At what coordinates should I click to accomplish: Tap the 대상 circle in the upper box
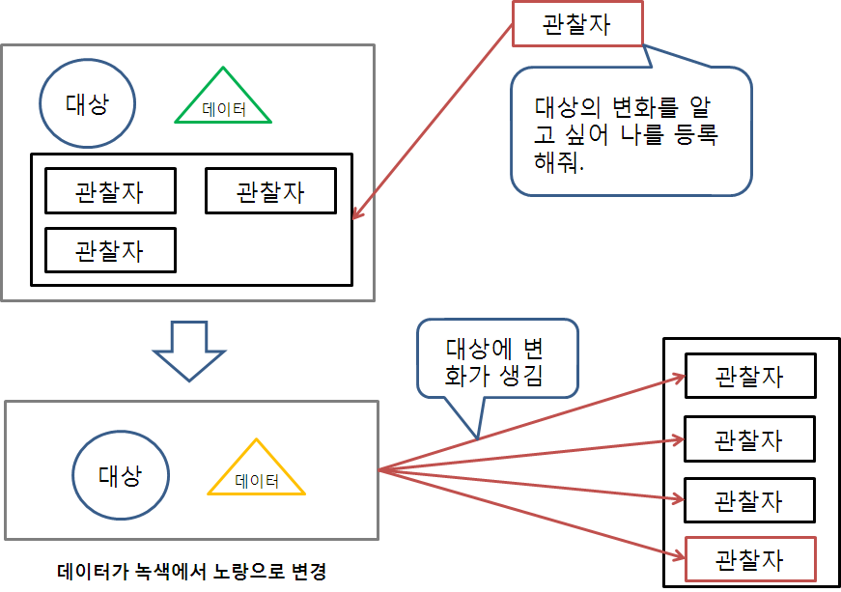coord(87,103)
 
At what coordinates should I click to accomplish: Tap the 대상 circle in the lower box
coord(121,475)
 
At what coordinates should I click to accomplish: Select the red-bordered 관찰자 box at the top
coord(576,24)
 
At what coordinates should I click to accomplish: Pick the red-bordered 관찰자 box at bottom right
coord(749,559)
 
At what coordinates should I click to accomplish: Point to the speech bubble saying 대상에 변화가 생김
coord(497,360)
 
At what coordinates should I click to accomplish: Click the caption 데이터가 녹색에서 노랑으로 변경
coord(192,572)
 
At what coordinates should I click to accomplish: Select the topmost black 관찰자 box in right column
coord(749,376)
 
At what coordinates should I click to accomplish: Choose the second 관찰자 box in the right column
coord(749,439)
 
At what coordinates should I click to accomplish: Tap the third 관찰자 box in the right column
coord(749,500)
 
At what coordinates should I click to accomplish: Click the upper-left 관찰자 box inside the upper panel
coord(110,191)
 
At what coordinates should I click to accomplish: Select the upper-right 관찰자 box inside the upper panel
coord(270,191)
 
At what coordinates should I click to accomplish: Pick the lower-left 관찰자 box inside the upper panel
coord(110,250)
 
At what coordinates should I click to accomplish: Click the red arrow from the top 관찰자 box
coord(432,121)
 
